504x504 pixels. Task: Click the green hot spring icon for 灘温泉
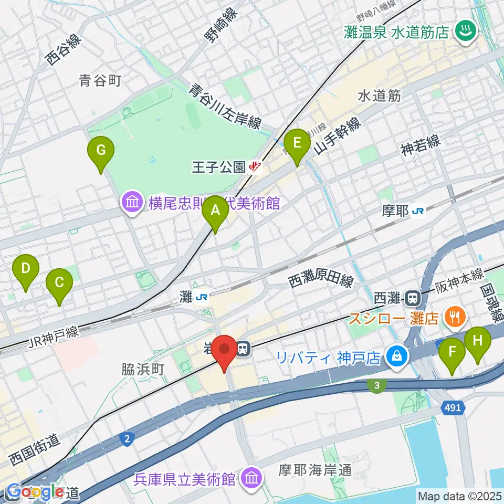coord(464,31)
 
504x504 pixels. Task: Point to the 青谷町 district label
coord(100,80)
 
